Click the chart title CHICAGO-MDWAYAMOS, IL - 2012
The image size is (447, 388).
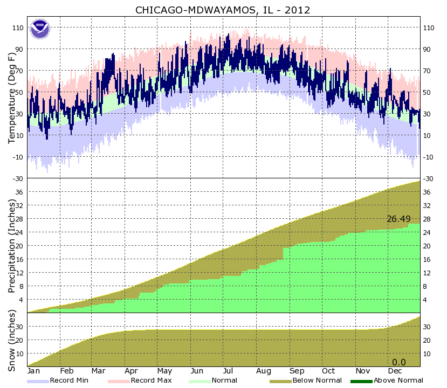[223, 10]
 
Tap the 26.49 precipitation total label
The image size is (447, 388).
[398, 219]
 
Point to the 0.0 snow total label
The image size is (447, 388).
[398, 362]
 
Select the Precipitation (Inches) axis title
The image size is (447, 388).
[11, 245]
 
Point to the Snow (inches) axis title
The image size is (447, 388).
[11, 339]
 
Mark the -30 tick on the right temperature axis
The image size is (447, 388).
[429, 178]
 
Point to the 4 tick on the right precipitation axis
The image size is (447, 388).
[426, 300]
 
